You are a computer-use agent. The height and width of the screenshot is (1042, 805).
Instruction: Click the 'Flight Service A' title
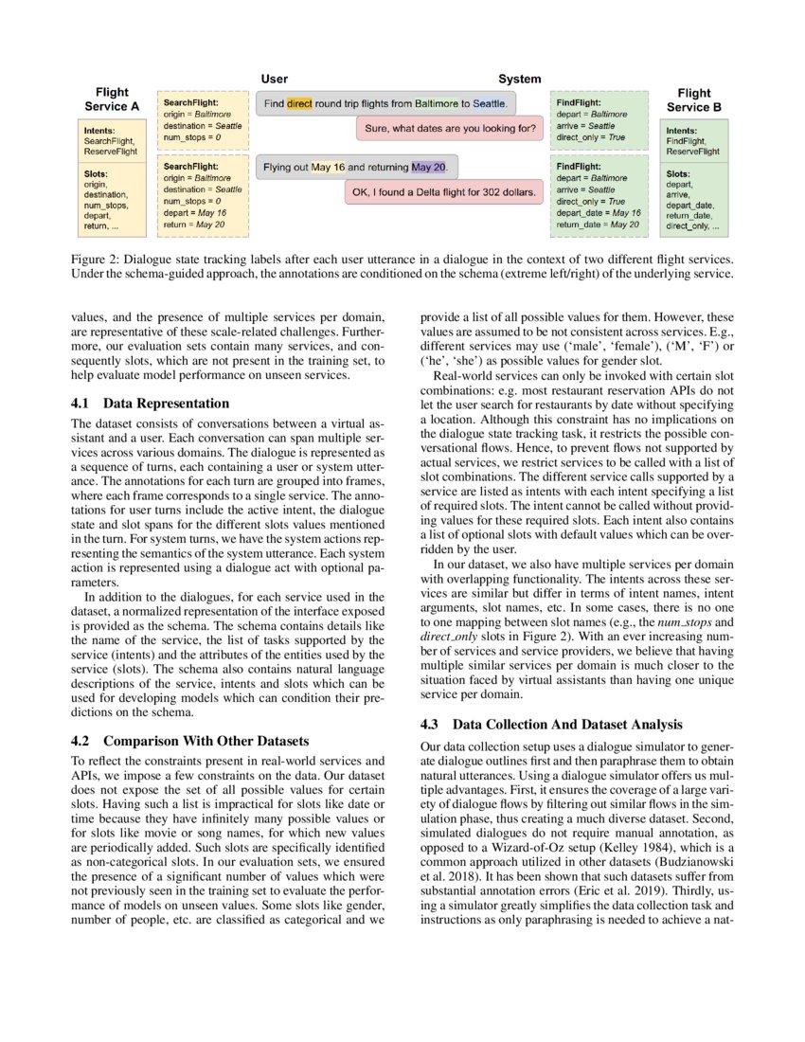112,99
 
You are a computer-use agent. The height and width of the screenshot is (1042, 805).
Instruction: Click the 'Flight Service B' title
694,100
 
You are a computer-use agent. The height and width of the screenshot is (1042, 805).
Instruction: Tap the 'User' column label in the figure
274,80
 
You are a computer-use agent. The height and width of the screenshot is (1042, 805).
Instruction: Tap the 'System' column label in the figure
520,80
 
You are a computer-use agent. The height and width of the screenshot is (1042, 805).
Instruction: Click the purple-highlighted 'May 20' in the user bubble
428,168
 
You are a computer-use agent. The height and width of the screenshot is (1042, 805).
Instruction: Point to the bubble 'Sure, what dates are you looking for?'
449,127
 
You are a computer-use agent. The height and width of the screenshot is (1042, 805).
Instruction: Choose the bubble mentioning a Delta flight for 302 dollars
443,192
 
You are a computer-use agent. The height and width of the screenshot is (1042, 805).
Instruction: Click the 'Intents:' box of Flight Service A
112,140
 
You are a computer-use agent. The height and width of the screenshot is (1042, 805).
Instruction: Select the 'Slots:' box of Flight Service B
694,200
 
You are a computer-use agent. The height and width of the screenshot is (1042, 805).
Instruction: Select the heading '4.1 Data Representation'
150,404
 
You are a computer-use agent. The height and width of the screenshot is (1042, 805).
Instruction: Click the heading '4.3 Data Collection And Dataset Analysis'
550,725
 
